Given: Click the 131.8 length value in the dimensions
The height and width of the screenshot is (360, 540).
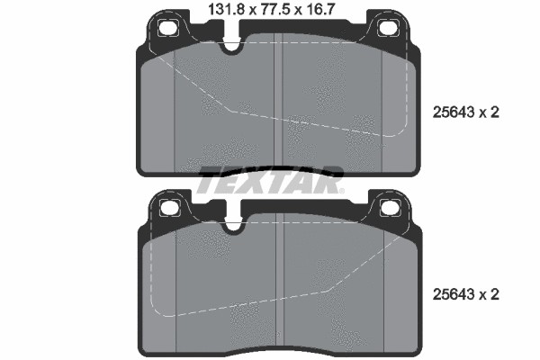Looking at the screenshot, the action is tap(226, 9).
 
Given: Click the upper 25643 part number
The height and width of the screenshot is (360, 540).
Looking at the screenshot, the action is tap(453, 112).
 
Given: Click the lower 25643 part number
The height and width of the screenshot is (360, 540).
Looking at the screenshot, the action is tap(453, 294).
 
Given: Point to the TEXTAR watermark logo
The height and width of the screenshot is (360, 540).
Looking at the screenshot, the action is tap(270, 181).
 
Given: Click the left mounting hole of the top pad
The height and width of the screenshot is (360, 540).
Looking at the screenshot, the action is tap(168, 28).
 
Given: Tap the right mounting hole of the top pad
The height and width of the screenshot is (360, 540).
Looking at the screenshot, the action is tap(388, 28).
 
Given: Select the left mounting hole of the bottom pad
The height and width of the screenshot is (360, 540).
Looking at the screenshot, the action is tap(170, 208).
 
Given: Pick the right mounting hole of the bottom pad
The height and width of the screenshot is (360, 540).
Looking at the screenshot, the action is tap(390, 208).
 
